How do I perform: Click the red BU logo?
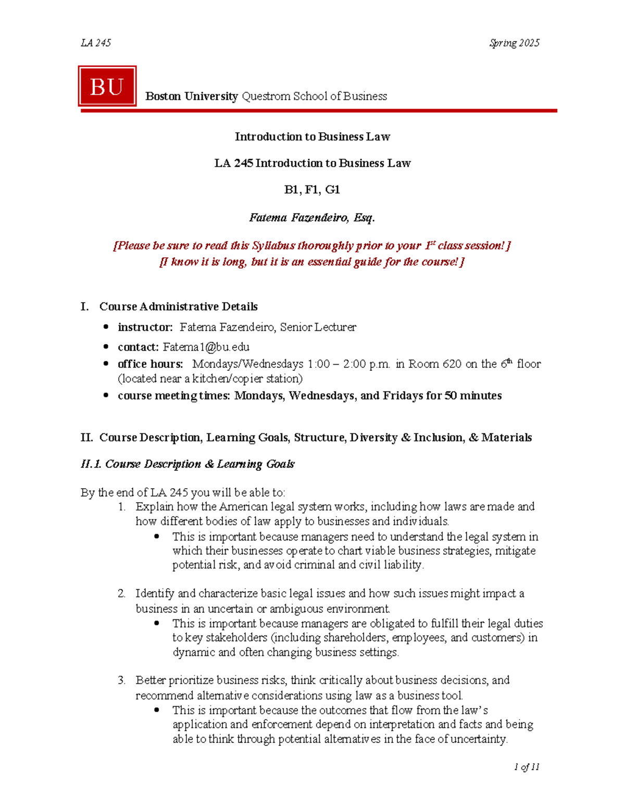pos(107,86)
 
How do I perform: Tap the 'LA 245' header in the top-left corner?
pos(96,43)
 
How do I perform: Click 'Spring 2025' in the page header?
pos(514,43)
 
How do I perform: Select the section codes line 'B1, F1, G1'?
pos(312,190)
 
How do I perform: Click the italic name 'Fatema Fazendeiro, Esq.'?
pos(312,218)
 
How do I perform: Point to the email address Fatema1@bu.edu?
pos(206,347)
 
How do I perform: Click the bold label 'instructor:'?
pos(145,327)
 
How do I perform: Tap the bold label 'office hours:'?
pos(150,364)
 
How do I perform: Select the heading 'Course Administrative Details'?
pos(178,306)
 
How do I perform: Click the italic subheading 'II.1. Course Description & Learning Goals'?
pos(187,464)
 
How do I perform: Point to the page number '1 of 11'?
pos(526,767)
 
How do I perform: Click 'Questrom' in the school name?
pos(266,96)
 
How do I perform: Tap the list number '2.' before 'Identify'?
pos(121,593)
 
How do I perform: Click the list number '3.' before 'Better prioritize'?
pos(121,680)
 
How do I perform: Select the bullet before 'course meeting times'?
pos(106,395)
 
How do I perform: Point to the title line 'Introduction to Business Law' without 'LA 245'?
pos(312,136)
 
